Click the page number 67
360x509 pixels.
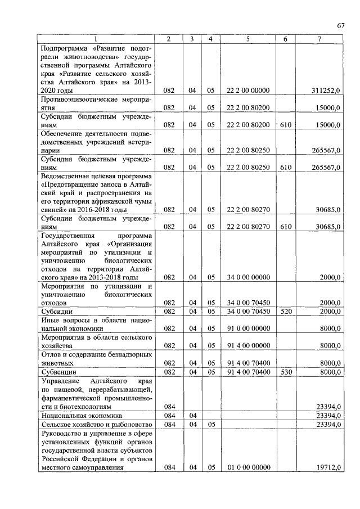[341, 25]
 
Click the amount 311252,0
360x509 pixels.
[326, 90]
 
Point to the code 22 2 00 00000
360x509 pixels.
[248, 90]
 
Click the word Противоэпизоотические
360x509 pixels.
[78, 99]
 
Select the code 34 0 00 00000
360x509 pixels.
[248, 277]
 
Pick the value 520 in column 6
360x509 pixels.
[285, 311]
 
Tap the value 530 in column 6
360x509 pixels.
[285, 372]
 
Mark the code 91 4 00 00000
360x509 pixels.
[248, 346]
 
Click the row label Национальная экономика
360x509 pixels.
[78, 415]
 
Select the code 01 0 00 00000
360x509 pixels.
[248, 467]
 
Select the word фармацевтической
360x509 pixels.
[73, 397]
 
